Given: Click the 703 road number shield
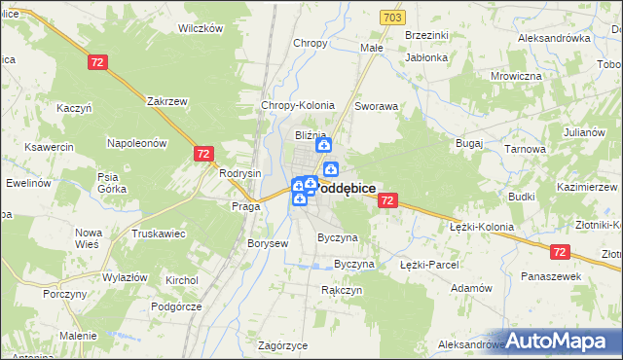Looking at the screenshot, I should tap(392, 18).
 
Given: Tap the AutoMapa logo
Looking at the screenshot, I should tap(564, 341).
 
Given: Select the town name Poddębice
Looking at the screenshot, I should tap(346, 189).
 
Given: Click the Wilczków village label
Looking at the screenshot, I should tap(201, 28).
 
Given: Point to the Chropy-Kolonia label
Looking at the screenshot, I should tap(298, 105).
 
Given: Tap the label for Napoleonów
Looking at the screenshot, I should tap(138, 143).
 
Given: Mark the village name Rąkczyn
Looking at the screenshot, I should tap(342, 290).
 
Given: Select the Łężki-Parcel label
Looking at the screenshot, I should tap(429, 265).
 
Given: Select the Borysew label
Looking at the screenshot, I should tap(268, 243).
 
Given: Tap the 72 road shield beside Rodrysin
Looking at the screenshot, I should tap(203, 154).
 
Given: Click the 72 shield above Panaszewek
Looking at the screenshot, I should tap(559, 252).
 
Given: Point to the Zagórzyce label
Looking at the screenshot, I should tap(283, 345).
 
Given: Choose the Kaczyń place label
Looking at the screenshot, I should tap(74, 108).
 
